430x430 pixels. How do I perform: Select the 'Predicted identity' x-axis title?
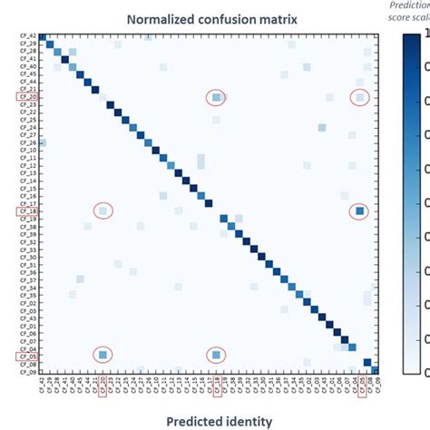pos(208,420)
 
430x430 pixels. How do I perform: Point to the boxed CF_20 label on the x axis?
pos(103,387)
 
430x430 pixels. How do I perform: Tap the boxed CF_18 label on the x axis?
pos(217,387)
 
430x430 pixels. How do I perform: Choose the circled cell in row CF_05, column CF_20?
pos(103,355)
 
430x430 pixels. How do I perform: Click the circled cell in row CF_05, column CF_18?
pos(216,355)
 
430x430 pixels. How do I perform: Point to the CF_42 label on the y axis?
pos(27,34)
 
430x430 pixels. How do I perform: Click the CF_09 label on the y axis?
pos(27,372)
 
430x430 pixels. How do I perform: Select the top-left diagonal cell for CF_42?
pos(42,35)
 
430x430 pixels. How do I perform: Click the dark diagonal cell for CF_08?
pos(367,363)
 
